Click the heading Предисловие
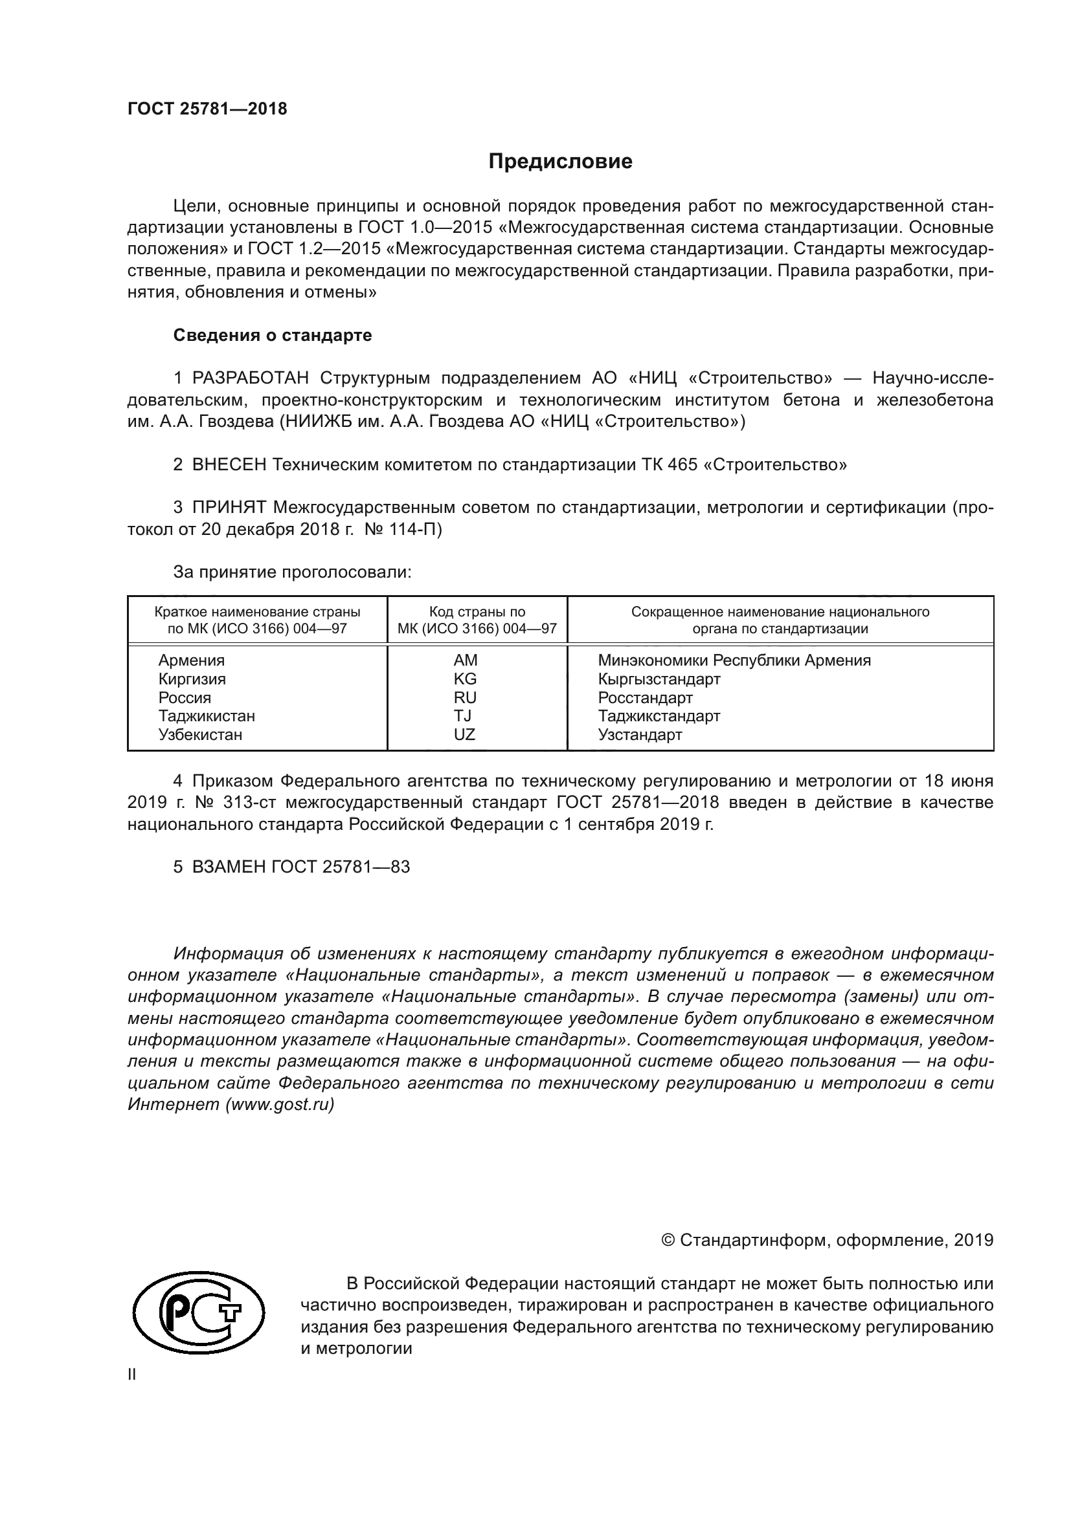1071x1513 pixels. (560, 162)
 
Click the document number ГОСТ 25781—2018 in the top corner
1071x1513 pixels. (207, 109)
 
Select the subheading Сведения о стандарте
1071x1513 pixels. (273, 336)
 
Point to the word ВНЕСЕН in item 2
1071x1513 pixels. (229, 464)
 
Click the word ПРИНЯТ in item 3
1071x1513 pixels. (229, 507)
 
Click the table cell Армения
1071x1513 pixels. (191, 660)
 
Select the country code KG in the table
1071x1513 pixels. (465, 679)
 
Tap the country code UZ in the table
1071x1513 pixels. (464, 734)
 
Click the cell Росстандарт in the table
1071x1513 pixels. (645, 697)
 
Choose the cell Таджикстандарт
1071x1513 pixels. (659, 715)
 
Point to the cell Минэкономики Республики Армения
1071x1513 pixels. (734, 660)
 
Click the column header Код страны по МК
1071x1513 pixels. (477, 620)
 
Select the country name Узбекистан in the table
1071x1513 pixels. (200, 734)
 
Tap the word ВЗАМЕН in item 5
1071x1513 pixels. (228, 867)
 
